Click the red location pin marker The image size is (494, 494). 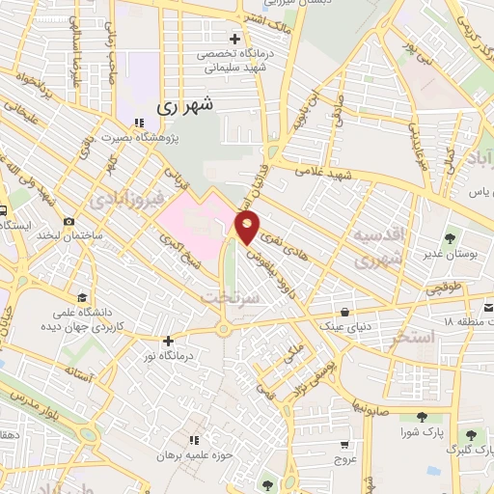point(248,229)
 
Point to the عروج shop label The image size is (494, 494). point(346,458)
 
